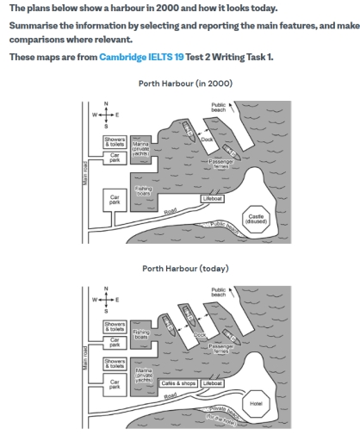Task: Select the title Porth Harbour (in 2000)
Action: pos(179,84)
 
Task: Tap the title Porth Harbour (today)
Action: pos(179,268)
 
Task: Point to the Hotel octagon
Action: pos(257,401)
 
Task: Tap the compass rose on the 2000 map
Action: pos(106,114)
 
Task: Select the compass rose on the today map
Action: pos(106,298)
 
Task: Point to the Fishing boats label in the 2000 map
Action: pos(143,192)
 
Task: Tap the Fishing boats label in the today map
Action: pos(142,331)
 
